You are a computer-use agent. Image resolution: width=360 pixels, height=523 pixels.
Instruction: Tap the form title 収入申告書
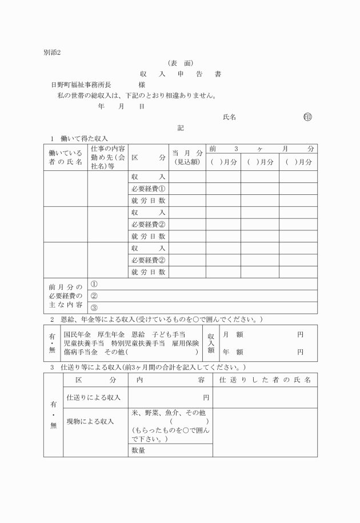pyautogui.click(x=180, y=74)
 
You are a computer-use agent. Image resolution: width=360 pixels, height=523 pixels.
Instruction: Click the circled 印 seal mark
pyautogui.click(x=308, y=117)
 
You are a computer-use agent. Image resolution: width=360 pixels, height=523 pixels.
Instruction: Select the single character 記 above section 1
pyautogui.click(x=181, y=128)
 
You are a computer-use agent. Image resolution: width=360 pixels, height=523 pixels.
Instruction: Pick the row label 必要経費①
pyautogui.click(x=148, y=189)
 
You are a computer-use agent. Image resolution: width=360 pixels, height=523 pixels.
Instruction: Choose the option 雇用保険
pyautogui.click(x=187, y=343)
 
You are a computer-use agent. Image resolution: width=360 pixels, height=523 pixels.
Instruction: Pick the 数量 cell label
pyautogui.click(x=139, y=450)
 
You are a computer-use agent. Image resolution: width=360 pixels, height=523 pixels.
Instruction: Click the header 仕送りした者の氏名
pyautogui.click(x=265, y=380)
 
